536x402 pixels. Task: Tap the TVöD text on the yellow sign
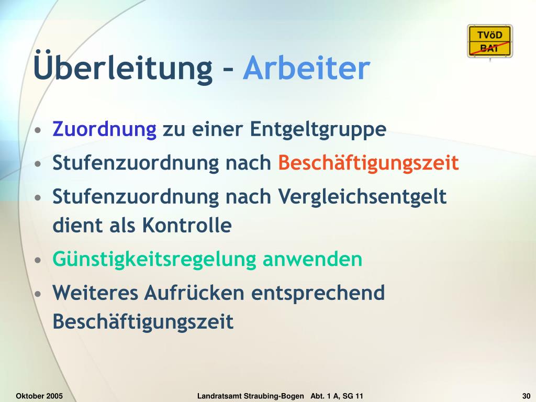coord(490,35)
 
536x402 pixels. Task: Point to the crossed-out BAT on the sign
coord(489,49)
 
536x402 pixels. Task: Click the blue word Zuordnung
coord(105,129)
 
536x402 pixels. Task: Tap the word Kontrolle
coord(187,225)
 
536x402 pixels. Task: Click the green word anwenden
coord(312,260)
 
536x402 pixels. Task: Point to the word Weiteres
coord(95,293)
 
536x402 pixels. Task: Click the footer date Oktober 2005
coord(39,396)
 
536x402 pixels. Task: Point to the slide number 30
coord(526,396)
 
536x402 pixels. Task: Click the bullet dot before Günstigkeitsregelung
coord(38,260)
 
